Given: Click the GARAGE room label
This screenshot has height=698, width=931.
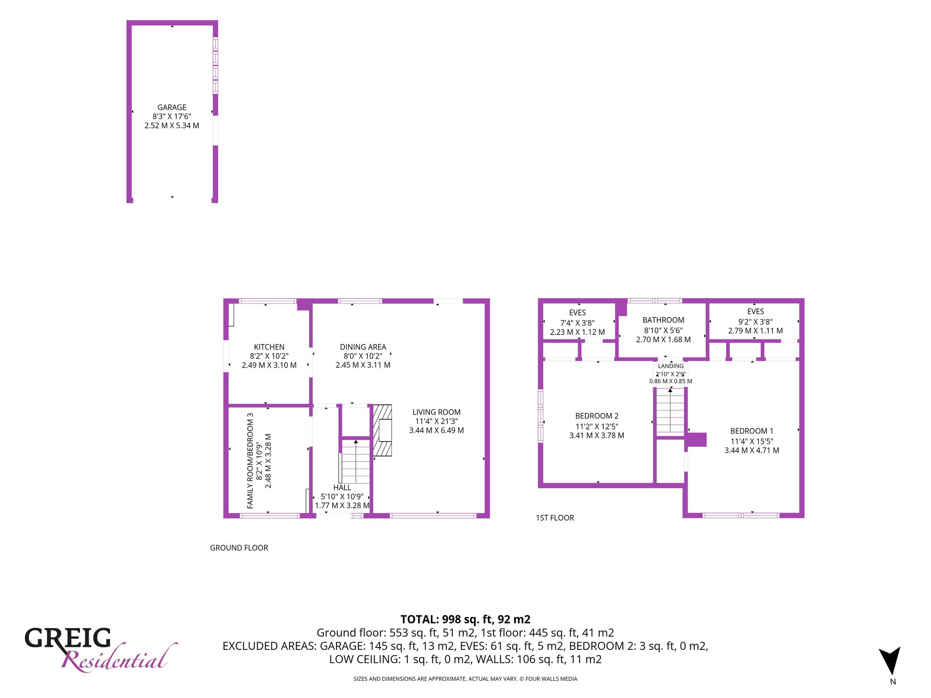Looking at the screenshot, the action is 172,107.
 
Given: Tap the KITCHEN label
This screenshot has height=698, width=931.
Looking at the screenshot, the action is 269,347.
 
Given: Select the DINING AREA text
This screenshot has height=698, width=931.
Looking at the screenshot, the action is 363,347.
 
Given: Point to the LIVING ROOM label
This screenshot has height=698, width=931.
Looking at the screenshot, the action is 436,412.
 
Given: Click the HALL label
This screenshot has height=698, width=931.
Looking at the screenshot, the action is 342,488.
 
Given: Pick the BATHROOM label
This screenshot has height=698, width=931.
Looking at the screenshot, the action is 663,320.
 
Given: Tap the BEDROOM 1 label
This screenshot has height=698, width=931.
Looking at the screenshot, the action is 751,431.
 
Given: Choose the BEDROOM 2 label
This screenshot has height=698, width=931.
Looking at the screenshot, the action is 597,416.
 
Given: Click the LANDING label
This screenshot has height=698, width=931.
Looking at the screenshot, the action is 671,366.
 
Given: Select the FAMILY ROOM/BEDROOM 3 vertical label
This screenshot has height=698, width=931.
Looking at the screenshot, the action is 250,460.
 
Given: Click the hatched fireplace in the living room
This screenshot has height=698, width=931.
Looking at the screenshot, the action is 382,430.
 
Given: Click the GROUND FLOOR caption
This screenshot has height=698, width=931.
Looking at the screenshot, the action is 239,548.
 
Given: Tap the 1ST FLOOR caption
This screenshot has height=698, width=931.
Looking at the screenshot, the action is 555,518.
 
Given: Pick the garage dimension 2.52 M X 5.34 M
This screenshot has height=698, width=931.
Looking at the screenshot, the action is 172,125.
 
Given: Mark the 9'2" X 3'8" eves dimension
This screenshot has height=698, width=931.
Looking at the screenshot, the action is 756,321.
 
